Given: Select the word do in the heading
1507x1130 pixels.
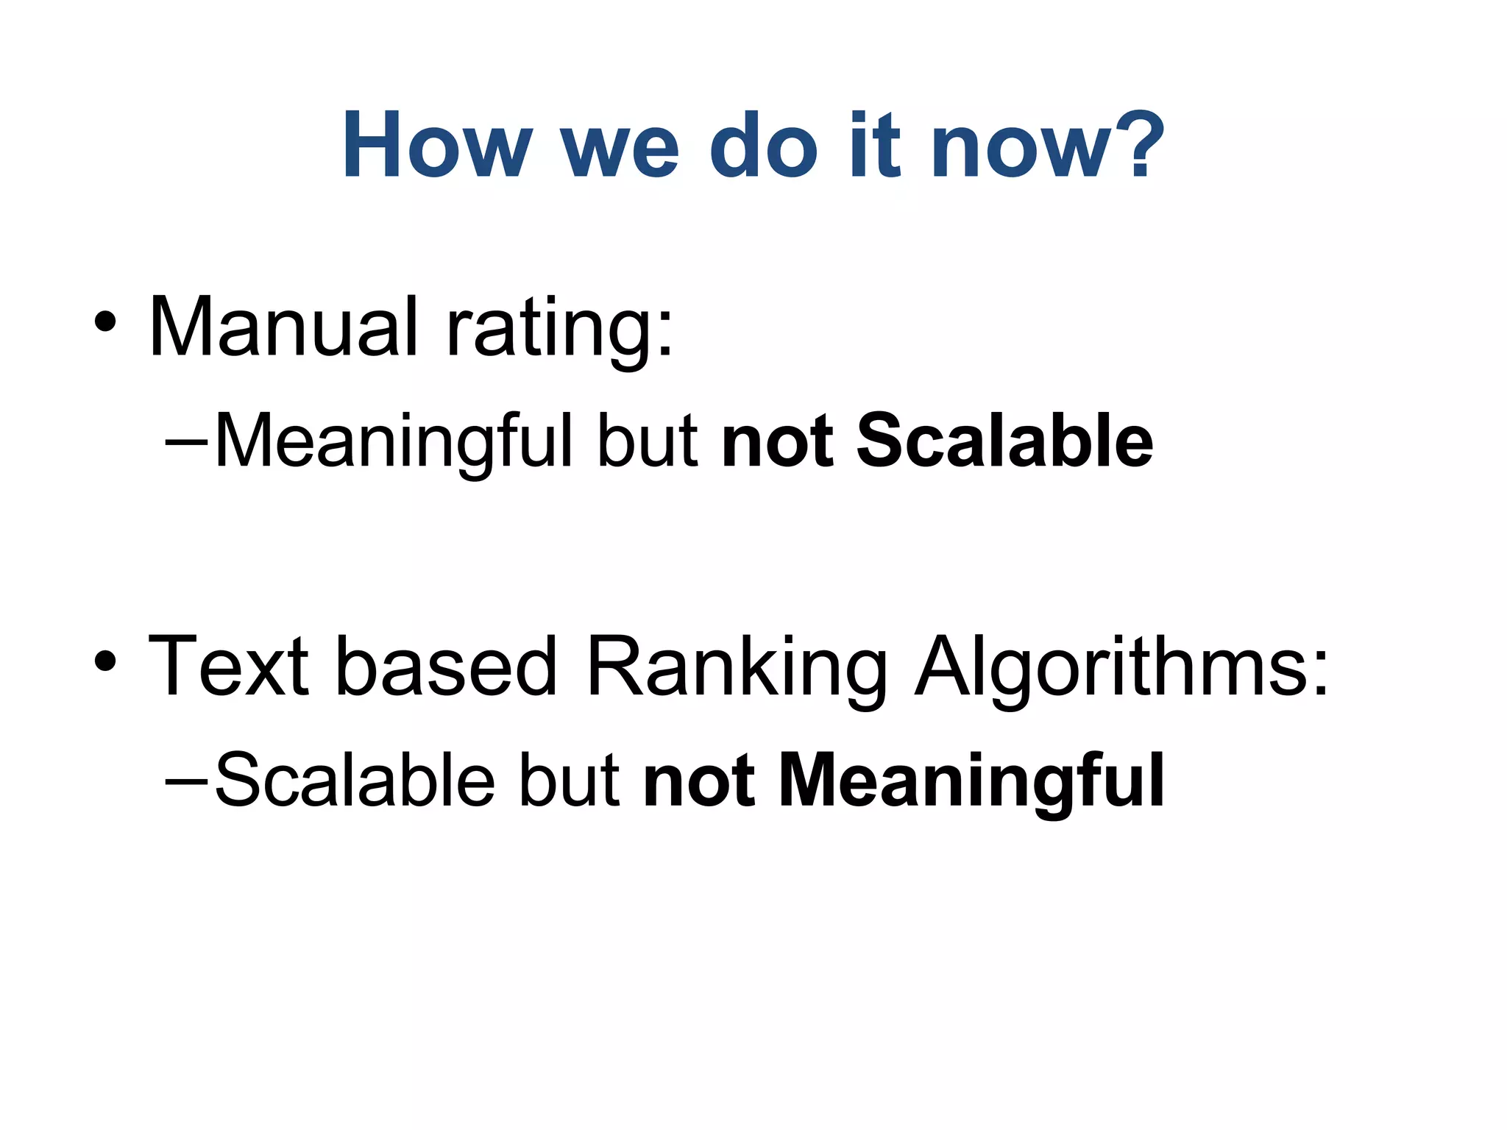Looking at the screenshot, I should coord(763,144).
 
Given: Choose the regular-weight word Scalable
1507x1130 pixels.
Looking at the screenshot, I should coord(355,780).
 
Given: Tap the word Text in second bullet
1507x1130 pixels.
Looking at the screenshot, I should coord(229,666).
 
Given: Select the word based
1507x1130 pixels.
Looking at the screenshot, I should coord(446,666).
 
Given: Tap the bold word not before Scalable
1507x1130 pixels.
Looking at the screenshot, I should coord(777,441).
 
